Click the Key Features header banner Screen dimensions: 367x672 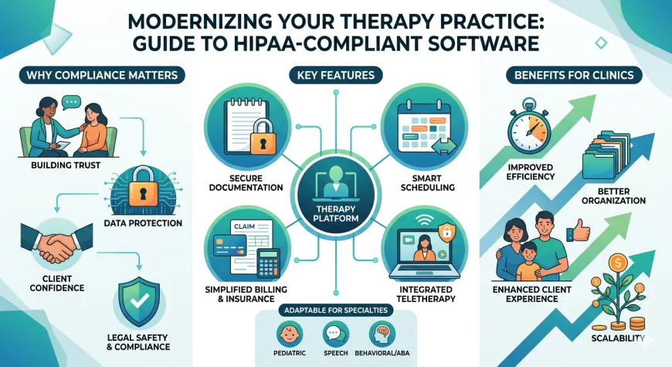click(x=335, y=75)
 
